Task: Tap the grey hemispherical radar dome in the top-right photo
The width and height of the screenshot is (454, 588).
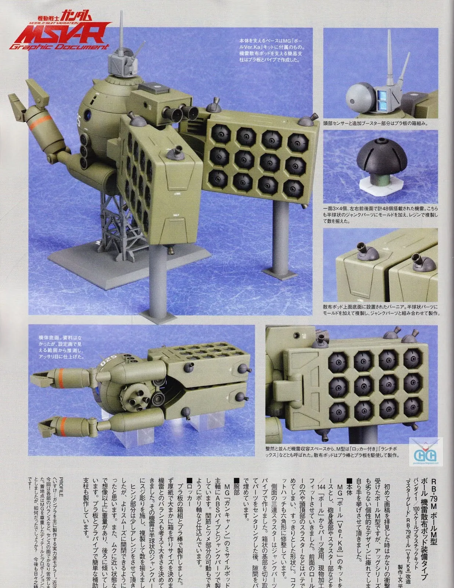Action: pyautogui.click(x=359, y=94)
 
